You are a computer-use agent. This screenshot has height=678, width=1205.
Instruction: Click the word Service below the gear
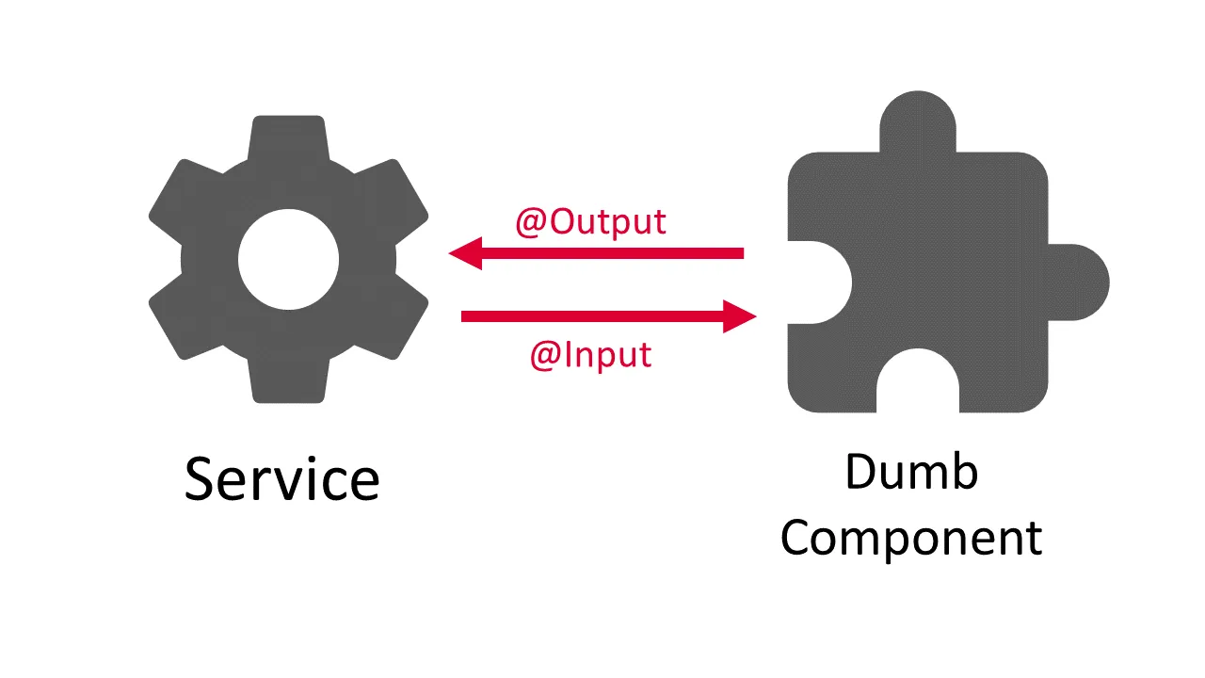pos(281,478)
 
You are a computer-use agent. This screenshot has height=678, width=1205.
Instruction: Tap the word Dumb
pos(910,473)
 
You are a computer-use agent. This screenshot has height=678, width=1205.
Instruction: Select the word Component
pos(910,539)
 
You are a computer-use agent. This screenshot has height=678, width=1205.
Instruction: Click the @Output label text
pos(590,222)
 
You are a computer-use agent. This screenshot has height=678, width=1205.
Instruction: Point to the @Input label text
pos(590,355)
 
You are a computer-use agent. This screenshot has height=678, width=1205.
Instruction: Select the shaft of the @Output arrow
pos(612,253)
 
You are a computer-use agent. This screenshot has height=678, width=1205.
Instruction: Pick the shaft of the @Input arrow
pos(593,316)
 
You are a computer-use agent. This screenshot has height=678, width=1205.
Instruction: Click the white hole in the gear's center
pos(288,261)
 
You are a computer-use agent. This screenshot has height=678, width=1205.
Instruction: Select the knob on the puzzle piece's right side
pos(1083,282)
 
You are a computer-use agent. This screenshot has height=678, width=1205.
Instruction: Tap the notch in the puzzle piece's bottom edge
pos(917,386)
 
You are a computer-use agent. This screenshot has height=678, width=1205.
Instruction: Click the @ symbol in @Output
pos(531,222)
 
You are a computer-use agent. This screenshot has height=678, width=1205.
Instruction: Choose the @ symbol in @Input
pos(545,355)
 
